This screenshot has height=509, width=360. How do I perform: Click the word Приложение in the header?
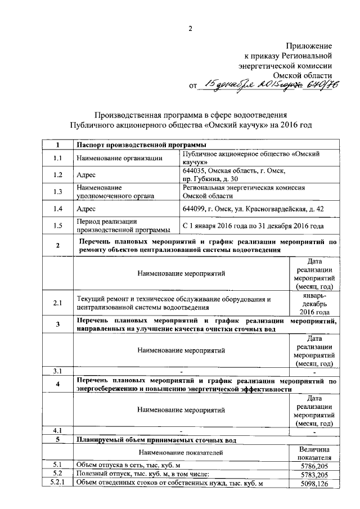309,45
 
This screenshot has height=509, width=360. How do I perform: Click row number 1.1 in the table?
57,158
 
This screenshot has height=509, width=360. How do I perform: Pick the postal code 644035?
196,170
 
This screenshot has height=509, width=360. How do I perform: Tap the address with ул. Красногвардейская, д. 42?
253,209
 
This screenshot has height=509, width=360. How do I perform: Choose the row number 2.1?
57,303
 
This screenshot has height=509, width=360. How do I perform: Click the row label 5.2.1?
57,484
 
